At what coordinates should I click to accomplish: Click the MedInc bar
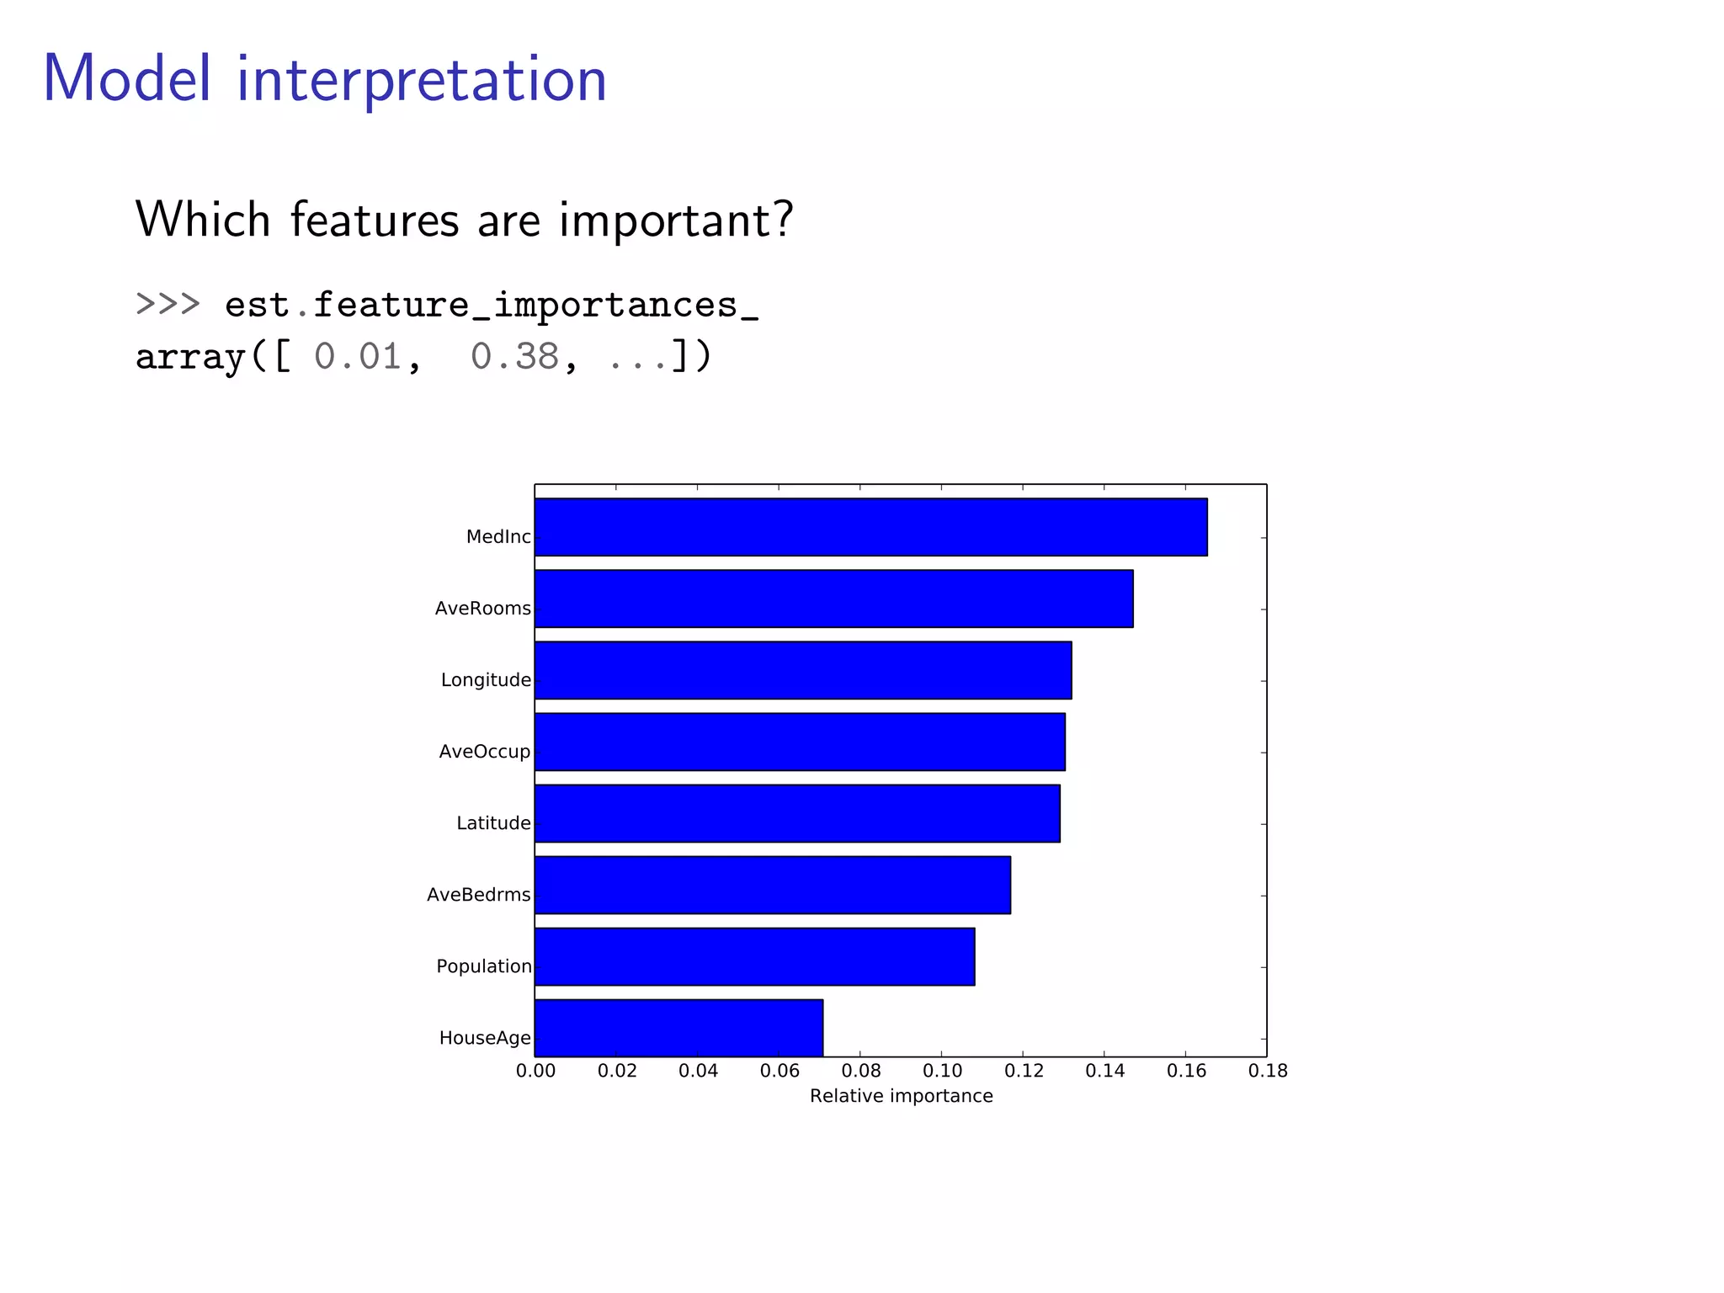click(870, 527)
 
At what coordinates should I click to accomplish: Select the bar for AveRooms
click(833, 599)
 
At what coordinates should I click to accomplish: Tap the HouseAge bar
click(678, 1028)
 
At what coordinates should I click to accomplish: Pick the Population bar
click(754, 956)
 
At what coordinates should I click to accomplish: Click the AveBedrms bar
click(772, 885)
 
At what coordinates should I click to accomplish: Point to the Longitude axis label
click(486, 680)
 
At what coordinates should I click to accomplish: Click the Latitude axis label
click(493, 823)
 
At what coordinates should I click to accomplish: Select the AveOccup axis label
click(484, 752)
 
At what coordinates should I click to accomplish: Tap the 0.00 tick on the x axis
click(535, 1071)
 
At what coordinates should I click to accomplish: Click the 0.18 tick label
click(1268, 1071)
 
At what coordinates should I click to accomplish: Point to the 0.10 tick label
click(942, 1071)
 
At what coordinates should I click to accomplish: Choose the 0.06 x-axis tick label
click(780, 1071)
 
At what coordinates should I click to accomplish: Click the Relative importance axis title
click(901, 1096)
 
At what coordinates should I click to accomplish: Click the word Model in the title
click(126, 79)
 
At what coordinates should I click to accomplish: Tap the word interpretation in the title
click(421, 81)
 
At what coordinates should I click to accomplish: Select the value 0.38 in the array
click(514, 357)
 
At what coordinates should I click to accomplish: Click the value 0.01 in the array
click(358, 357)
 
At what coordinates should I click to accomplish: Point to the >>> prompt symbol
click(168, 303)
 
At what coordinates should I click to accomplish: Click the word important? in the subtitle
click(676, 221)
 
